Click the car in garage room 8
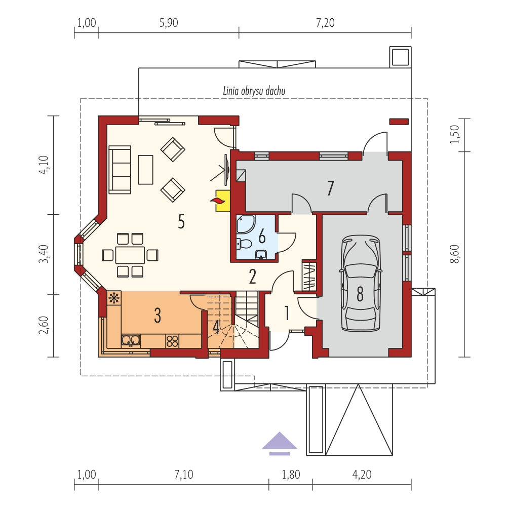[x=360, y=283]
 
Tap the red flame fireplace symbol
[x=218, y=201]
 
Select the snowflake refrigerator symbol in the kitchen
[x=114, y=298]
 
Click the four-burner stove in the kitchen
[x=172, y=341]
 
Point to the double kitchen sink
[x=131, y=340]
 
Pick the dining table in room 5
[x=130, y=255]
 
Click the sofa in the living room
[x=120, y=170]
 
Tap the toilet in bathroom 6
[x=244, y=244]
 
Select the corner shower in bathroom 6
[x=246, y=224]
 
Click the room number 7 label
[x=330, y=188]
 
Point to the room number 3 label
[x=158, y=315]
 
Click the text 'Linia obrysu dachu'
[x=254, y=91]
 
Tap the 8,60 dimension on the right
[x=455, y=254]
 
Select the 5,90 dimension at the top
[x=169, y=23]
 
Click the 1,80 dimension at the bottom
[x=291, y=475]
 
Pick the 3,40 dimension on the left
[x=44, y=254]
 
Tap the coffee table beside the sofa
[x=145, y=170]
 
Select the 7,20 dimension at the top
[x=325, y=23]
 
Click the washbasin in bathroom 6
[x=261, y=255]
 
